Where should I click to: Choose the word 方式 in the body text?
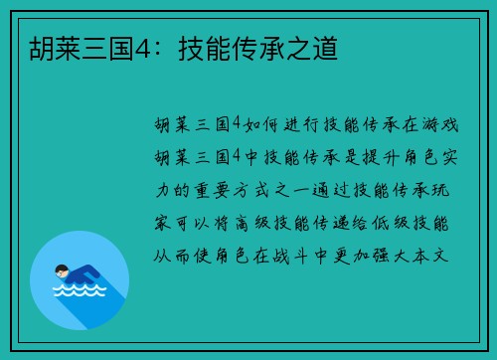[258, 187]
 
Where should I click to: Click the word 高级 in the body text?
[258, 219]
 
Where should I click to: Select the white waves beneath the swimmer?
[78, 291]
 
